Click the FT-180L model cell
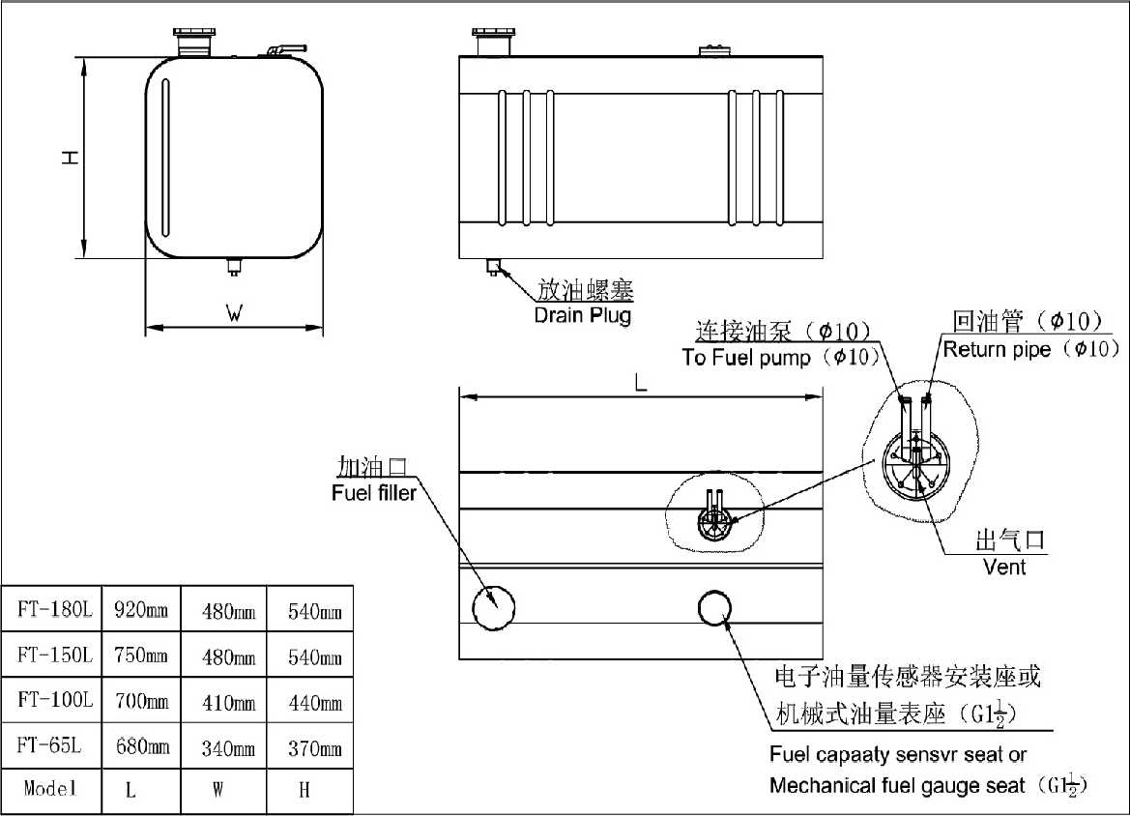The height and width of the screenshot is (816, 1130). click(x=54, y=610)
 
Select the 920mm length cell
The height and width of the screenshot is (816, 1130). click(x=141, y=610)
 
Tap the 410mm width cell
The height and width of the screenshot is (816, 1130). click(x=228, y=703)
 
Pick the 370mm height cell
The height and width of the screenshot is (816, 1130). click(x=315, y=748)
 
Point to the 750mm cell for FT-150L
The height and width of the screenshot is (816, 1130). click(x=141, y=656)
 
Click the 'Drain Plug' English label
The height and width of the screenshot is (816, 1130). click(x=582, y=315)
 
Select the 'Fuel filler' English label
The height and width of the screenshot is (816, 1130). click(x=373, y=493)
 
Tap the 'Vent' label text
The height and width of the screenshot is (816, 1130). click(x=1003, y=566)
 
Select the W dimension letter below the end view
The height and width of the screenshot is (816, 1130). click(x=233, y=312)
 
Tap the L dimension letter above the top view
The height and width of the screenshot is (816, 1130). click(x=640, y=383)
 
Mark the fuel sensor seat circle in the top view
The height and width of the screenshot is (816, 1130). click(x=715, y=607)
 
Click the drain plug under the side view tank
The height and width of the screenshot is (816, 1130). click(x=494, y=267)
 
